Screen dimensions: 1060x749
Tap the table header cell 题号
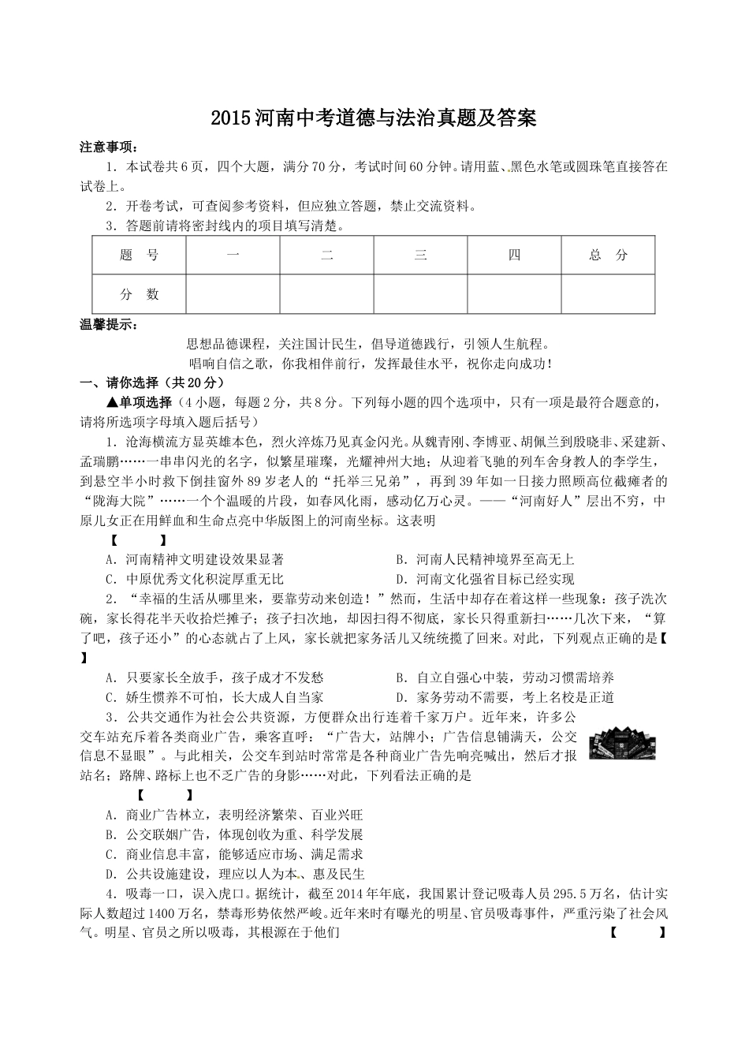pos(139,255)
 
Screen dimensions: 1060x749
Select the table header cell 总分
pos(608,255)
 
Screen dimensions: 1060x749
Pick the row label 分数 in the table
pos(139,294)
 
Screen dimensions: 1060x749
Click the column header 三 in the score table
pos(420,255)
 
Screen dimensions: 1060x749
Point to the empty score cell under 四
pos(514,294)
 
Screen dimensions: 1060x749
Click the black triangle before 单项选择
pos(112,402)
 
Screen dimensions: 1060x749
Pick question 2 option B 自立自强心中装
pos(505,677)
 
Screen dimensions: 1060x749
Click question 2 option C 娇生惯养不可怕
pos(214,697)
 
